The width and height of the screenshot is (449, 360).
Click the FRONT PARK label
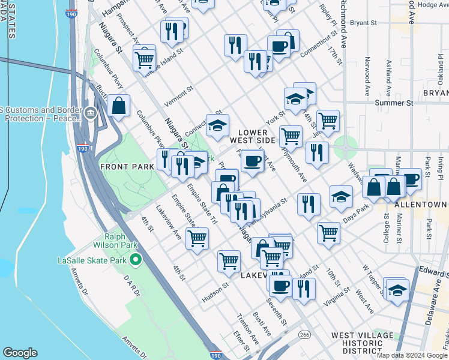[127, 166]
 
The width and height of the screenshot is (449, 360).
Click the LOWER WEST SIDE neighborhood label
[256, 136]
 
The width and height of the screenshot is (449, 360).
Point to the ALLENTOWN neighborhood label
[421, 205]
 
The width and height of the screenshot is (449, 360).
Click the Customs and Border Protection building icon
[91, 113]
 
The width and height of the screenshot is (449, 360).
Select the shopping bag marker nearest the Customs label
[119, 106]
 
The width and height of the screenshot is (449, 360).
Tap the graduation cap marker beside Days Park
[341, 196]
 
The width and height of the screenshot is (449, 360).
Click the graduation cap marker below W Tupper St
[397, 289]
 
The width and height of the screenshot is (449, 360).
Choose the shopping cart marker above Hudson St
[229, 260]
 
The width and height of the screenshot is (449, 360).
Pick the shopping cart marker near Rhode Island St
[144, 59]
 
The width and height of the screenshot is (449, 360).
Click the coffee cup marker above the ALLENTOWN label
[411, 178]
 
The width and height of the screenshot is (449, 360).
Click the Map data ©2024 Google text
[412, 355]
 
